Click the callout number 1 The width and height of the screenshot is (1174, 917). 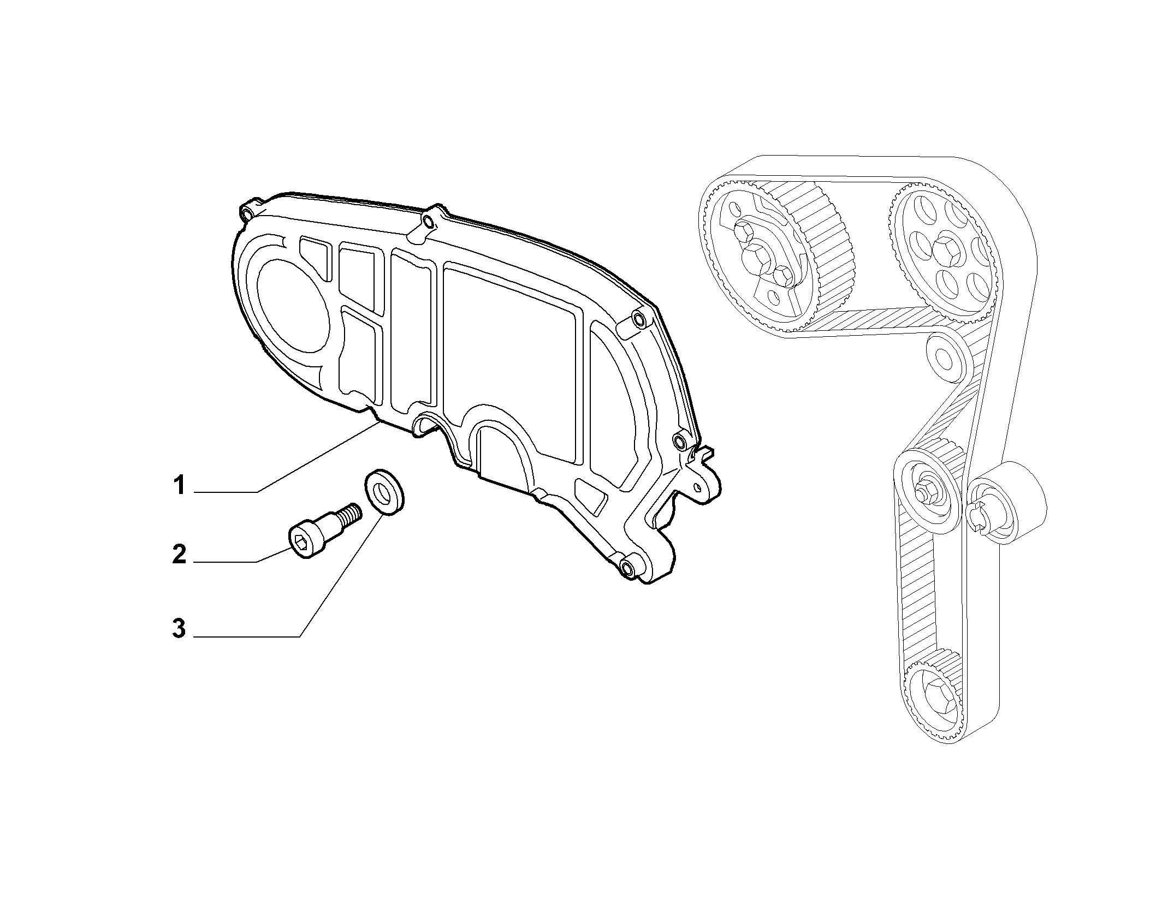pos(180,485)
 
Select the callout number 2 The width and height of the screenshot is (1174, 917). pos(179,555)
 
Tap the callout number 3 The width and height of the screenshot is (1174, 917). pos(179,629)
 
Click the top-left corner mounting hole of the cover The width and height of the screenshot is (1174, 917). pos(248,213)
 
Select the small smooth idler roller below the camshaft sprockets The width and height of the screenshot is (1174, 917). pos(945,355)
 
